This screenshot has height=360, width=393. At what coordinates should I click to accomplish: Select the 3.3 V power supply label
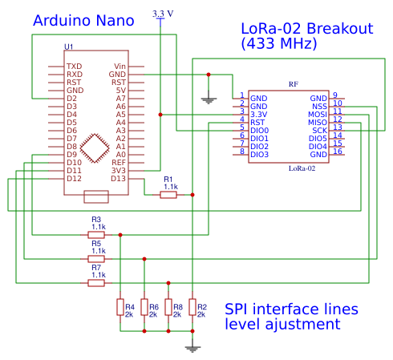(x=162, y=13)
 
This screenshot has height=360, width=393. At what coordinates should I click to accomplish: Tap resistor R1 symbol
(x=168, y=194)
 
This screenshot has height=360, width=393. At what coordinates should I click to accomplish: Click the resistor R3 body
(x=96, y=235)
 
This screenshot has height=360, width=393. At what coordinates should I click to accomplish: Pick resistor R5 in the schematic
(x=96, y=258)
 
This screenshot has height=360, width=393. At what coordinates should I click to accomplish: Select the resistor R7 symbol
(x=96, y=282)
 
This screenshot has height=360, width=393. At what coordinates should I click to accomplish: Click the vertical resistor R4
(x=120, y=307)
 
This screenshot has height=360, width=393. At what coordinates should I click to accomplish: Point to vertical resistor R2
(x=192, y=307)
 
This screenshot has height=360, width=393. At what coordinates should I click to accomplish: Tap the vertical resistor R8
(x=168, y=307)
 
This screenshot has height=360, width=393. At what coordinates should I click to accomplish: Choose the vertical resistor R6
(x=144, y=307)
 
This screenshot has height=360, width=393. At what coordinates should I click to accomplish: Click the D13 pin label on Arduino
(x=119, y=178)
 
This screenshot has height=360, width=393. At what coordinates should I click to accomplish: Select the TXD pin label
(x=74, y=67)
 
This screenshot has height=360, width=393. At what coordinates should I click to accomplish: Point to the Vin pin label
(x=120, y=67)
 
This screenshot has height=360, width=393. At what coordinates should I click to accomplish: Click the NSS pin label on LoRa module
(x=319, y=106)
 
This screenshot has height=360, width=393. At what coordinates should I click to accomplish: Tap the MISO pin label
(x=318, y=122)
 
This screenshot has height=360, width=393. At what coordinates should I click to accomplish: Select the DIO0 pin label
(x=260, y=130)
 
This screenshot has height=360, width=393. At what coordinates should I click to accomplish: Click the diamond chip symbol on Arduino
(x=96, y=148)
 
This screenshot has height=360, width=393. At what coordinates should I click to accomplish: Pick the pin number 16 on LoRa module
(x=338, y=152)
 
